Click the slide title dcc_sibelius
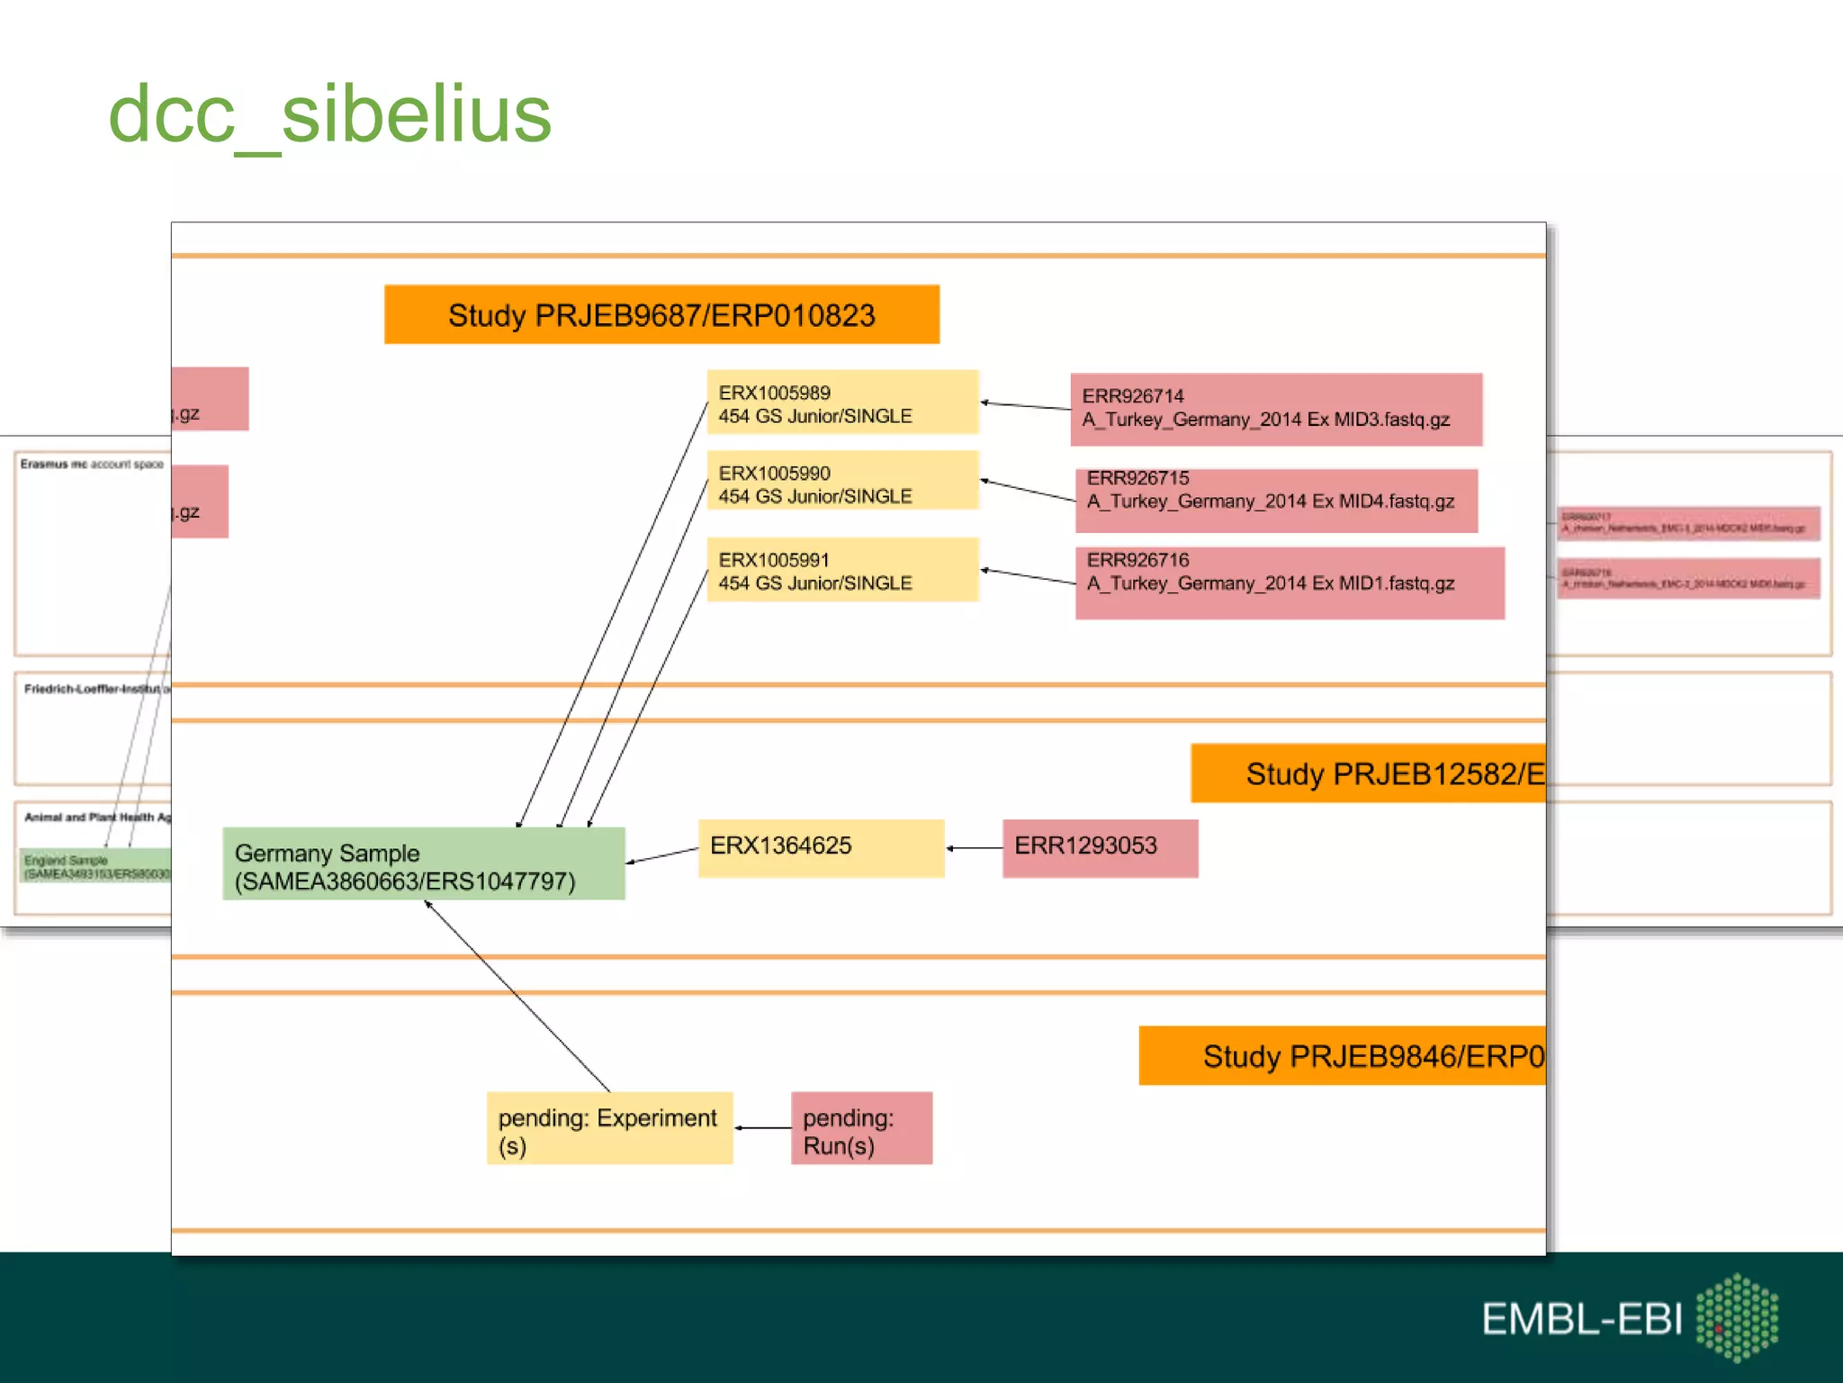[329, 115]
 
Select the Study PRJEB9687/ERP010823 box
[661, 315]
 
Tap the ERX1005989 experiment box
[842, 402]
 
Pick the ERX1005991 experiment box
[842, 570]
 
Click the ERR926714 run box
[1275, 409]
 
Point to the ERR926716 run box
[1289, 582]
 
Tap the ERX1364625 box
[821, 847]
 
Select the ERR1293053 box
[1100, 847]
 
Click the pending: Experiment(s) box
[609, 1128]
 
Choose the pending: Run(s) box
[861, 1128]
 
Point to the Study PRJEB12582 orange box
[1368, 773]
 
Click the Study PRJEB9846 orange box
[1342, 1055]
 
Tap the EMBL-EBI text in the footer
[1581, 1319]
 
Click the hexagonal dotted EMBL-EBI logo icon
[1737, 1316]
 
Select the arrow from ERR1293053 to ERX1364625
[974, 848]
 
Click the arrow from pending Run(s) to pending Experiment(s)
[762, 1128]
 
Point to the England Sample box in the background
[95, 866]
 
